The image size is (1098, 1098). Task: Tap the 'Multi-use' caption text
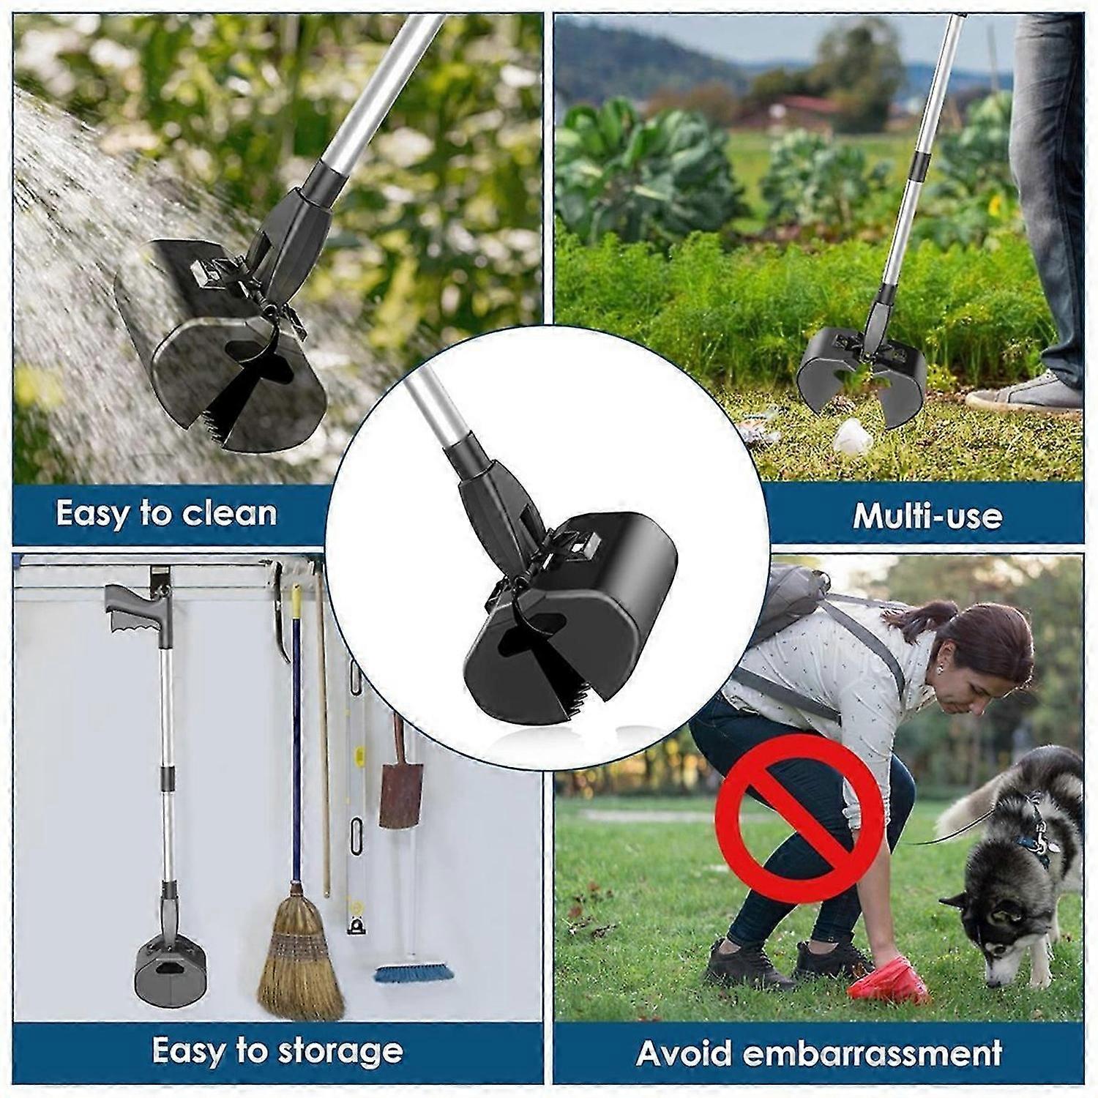tap(927, 515)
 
